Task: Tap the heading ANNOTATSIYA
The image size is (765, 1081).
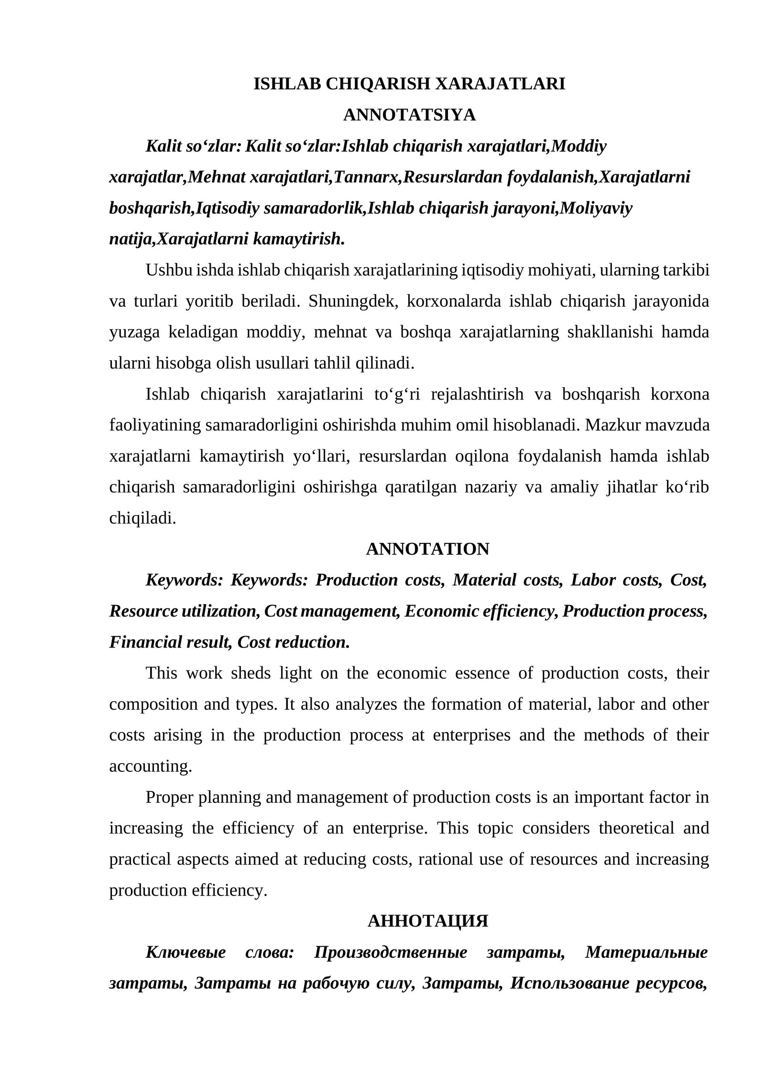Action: coord(409,115)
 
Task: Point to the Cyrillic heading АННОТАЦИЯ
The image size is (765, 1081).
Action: coord(427,921)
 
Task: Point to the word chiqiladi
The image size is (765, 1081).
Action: coord(142,518)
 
